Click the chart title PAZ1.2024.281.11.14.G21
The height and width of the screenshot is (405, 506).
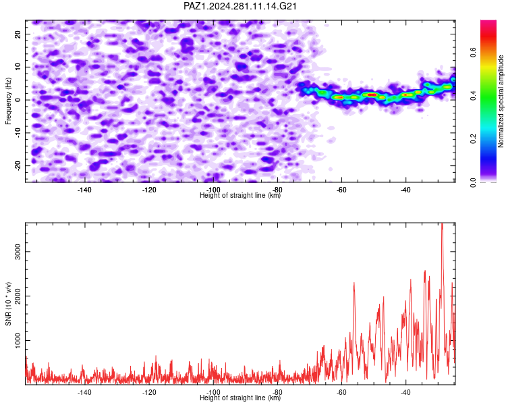tap(240, 6)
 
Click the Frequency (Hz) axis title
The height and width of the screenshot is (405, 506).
tap(8, 101)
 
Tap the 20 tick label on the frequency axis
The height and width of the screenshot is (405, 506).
tap(18, 34)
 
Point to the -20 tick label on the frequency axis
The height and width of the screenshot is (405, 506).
tap(18, 165)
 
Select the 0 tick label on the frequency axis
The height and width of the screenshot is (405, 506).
tap(18, 100)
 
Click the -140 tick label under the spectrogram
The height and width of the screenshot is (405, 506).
tap(84, 190)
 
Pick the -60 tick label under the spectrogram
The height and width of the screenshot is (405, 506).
tap(341, 190)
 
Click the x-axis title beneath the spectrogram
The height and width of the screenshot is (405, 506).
tap(240, 195)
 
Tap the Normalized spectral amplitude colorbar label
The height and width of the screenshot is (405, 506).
tap(501, 101)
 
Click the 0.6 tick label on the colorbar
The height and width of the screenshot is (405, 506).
tap(473, 52)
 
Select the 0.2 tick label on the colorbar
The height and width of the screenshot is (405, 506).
tap(473, 139)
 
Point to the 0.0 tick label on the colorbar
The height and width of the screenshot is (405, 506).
tap(473, 182)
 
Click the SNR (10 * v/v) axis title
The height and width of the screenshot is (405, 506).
tap(8, 304)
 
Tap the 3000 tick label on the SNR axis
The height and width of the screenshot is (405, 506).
tap(18, 252)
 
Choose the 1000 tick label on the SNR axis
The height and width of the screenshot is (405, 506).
tap(18, 340)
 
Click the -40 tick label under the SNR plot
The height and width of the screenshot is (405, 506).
tap(405, 392)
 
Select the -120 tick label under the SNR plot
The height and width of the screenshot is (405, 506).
tap(148, 392)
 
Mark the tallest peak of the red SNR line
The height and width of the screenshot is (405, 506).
tap(442, 223)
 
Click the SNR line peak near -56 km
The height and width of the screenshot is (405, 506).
tap(354, 283)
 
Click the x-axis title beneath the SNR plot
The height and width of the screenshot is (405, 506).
tap(240, 398)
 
